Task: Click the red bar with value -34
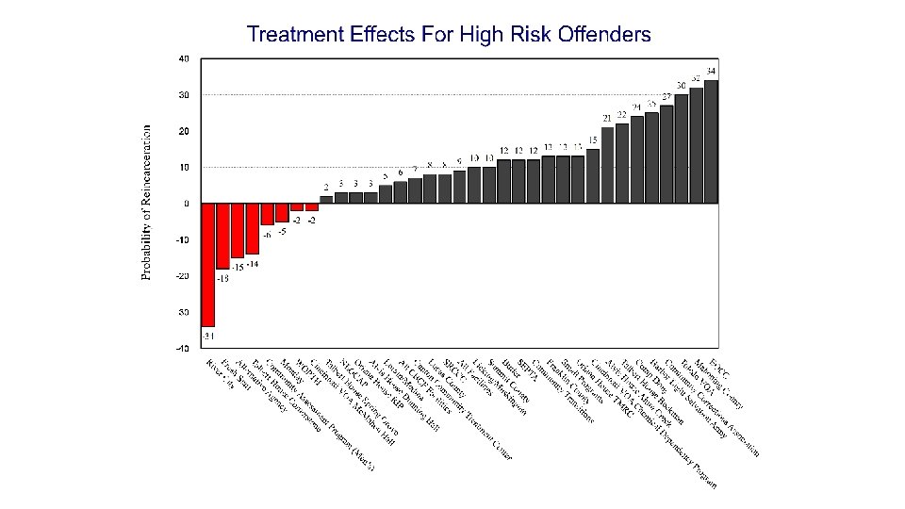[208, 264]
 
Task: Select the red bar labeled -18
[223, 236]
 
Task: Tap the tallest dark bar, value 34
[711, 141]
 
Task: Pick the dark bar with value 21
[607, 165]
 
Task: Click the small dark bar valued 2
[326, 199]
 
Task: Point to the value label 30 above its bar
[681, 86]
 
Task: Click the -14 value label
[253, 264]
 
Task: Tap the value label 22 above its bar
[622, 114]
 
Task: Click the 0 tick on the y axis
[186, 204]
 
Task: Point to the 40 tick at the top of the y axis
[184, 58]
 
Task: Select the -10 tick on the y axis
[183, 239]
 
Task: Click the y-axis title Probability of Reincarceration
[146, 204]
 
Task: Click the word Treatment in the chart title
[288, 35]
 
